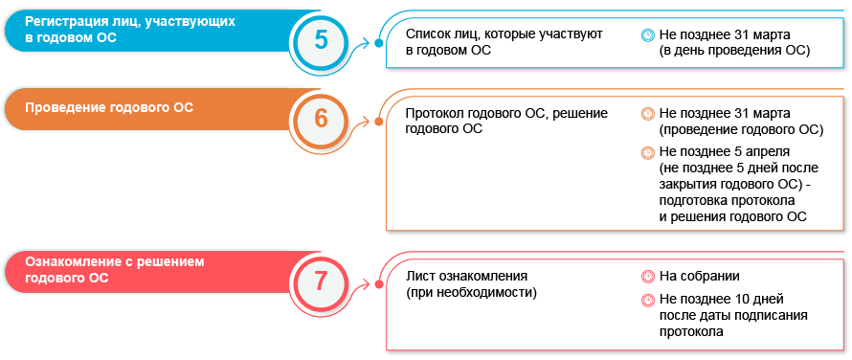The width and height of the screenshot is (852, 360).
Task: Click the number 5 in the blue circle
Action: click(x=322, y=39)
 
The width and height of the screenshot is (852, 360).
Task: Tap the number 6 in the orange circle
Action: click(x=322, y=119)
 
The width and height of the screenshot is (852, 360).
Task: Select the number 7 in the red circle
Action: click(x=322, y=281)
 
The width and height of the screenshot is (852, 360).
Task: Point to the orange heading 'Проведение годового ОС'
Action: click(x=109, y=107)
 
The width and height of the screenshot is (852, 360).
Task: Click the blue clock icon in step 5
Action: click(x=647, y=34)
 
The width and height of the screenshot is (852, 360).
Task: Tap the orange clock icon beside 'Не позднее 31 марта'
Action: click(x=647, y=113)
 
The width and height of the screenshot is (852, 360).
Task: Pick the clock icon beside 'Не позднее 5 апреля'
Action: click(x=647, y=151)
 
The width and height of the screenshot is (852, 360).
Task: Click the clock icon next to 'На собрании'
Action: click(x=647, y=277)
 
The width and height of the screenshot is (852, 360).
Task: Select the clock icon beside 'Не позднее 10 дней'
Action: click(x=647, y=301)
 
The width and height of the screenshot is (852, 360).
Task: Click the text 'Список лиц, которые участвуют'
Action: click(x=504, y=34)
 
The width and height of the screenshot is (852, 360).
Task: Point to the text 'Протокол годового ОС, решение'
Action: click(x=506, y=113)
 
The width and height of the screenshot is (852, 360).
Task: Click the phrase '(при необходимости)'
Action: click(x=471, y=292)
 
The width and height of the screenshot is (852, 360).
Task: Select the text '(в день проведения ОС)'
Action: click(x=734, y=50)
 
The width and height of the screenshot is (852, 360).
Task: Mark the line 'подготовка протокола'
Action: click(x=727, y=200)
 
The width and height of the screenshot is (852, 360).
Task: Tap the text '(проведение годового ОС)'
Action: click(x=741, y=128)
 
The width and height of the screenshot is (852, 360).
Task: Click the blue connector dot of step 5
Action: click(x=379, y=43)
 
